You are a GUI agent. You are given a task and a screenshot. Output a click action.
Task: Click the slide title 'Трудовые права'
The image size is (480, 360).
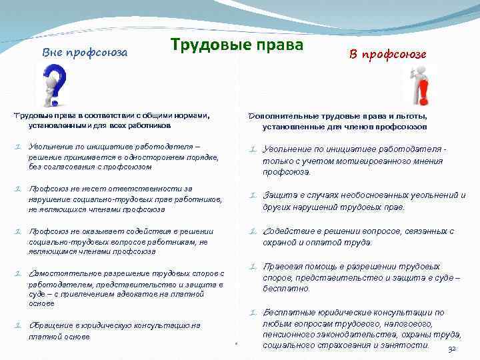tap(237, 45)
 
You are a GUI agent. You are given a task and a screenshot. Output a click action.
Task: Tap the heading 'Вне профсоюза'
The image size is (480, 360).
tap(85, 52)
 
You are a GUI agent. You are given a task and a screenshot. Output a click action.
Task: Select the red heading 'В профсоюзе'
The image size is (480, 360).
tap(388, 54)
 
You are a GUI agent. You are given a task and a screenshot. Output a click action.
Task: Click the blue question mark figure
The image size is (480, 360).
tap(54, 85)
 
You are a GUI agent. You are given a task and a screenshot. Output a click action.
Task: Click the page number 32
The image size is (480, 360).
tap(451, 349)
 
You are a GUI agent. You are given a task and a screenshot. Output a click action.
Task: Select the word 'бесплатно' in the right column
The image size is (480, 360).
tap(286, 289)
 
